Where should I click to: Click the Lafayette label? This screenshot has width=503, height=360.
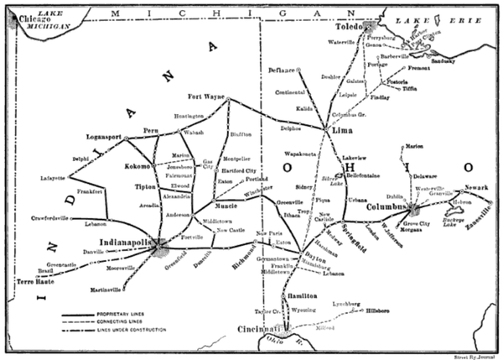53,178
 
